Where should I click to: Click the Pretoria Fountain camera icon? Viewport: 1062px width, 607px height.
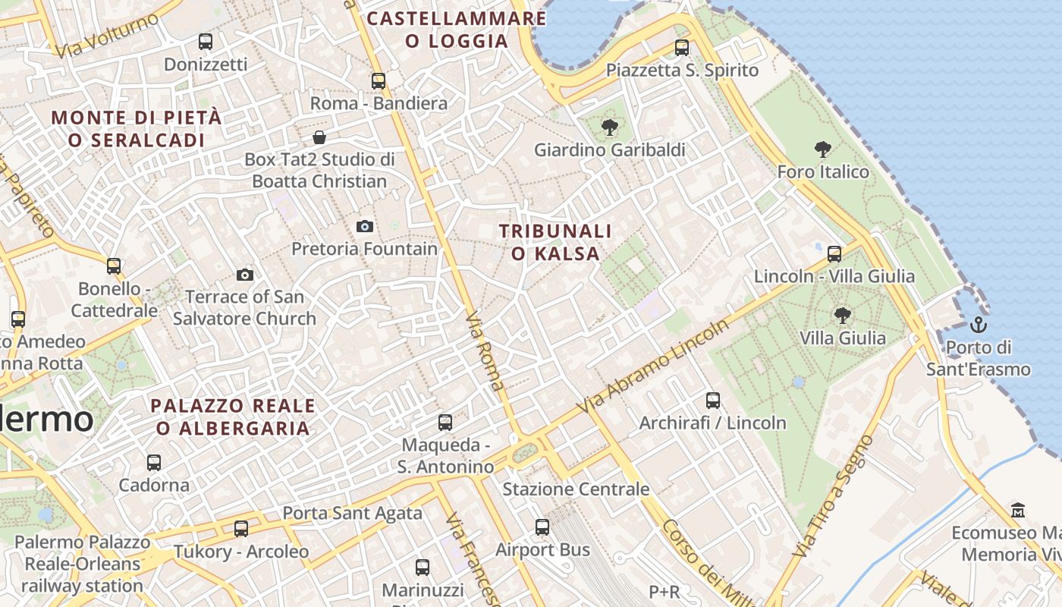point(365,226)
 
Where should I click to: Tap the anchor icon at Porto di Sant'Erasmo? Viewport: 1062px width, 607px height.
point(979,326)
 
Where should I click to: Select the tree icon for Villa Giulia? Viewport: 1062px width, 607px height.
point(841,315)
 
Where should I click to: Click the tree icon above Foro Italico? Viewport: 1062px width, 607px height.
point(822,149)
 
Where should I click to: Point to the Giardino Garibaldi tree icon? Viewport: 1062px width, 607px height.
point(609,127)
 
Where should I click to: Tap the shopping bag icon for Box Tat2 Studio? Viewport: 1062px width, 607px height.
point(319,137)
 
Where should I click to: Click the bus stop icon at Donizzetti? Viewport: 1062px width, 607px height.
point(205,42)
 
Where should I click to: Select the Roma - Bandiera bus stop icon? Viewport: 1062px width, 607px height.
point(379,80)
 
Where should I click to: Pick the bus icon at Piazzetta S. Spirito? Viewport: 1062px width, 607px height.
point(682,48)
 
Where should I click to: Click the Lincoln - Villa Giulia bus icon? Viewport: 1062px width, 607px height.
point(834,254)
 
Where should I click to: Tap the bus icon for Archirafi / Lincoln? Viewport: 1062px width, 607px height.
point(713,400)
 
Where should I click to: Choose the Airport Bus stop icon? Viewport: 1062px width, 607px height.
point(542,527)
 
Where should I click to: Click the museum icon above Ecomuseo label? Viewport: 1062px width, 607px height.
point(1018,510)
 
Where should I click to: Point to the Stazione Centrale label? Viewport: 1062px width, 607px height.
point(576,489)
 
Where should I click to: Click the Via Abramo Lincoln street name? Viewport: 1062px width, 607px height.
point(653,366)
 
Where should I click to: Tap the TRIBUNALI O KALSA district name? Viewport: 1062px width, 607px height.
point(555,242)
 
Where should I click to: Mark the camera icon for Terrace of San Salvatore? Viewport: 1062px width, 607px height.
point(245,275)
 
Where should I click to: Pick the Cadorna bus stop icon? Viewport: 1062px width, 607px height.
point(154,462)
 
